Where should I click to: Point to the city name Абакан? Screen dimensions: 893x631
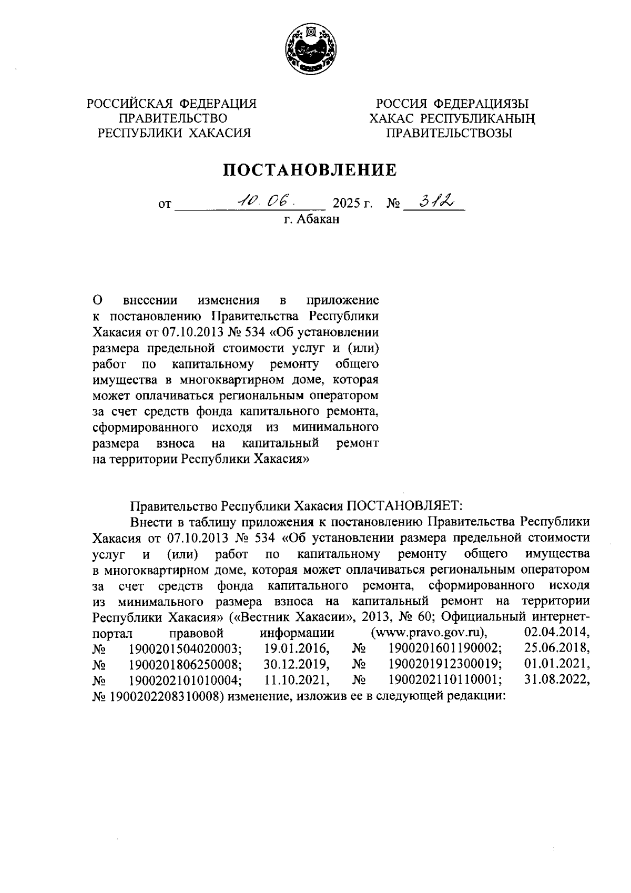318,219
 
